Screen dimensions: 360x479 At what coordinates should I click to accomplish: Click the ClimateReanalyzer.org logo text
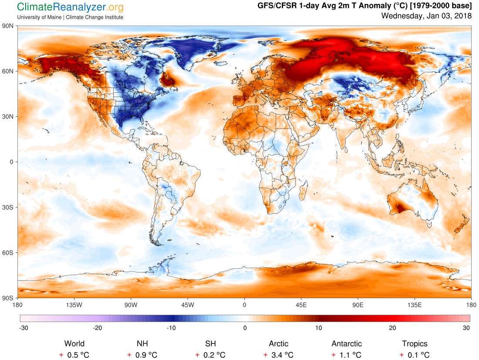click(70, 7)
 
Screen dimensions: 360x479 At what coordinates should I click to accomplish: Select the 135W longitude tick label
click(74, 305)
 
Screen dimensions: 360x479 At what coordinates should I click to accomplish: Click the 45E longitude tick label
click(301, 305)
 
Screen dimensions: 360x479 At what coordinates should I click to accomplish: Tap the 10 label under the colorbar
click(319, 328)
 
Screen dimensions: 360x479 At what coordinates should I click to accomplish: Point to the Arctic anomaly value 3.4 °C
click(278, 355)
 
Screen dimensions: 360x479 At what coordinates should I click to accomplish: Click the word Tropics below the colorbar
click(415, 344)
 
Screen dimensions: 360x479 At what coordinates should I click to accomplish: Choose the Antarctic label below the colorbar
click(347, 344)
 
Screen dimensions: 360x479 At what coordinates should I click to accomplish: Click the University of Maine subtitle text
click(70, 17)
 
